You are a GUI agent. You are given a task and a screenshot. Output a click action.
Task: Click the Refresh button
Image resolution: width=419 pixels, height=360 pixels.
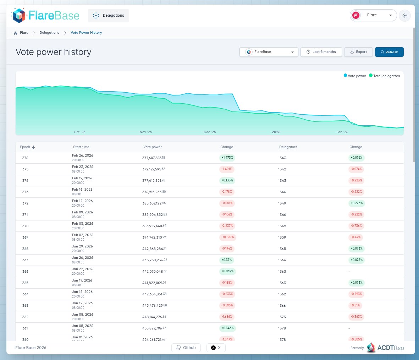point(389,52)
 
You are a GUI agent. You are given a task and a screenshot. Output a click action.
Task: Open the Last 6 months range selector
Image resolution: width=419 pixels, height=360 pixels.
point(321,52)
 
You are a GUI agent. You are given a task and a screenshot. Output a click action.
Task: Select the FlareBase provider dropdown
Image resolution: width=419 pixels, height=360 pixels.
point(269,52)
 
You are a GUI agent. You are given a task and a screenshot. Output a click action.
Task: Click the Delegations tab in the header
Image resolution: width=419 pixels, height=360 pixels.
point(109,16)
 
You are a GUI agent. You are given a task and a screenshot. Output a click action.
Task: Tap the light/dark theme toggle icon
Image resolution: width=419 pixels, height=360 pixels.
point(405,16)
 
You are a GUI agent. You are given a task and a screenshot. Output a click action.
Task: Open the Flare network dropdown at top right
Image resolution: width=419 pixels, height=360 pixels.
point(373,15)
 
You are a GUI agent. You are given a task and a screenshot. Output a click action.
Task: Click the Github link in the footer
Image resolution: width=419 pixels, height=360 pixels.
point(186,348)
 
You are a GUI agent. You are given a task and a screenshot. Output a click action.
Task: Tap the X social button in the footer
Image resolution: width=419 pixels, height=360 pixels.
point(216,348)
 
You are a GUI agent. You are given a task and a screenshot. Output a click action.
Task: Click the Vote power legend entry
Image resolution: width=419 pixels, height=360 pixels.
point(355,76)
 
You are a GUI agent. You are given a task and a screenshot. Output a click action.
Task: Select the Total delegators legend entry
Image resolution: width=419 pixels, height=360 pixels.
point(384,76)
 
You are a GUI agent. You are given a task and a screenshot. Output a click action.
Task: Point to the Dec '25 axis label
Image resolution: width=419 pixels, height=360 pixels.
point(210,132)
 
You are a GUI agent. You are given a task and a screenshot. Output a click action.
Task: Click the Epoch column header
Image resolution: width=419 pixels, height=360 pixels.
point(27,147)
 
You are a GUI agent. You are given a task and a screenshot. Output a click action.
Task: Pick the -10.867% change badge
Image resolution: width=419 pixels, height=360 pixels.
point(227,237)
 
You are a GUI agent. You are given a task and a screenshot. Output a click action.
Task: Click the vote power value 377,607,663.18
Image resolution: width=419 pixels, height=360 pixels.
point(154,158)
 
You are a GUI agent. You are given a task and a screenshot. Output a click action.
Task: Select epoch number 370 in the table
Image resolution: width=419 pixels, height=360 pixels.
point(25,226)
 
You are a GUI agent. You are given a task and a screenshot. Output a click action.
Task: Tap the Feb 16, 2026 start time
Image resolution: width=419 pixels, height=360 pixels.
point(82,190)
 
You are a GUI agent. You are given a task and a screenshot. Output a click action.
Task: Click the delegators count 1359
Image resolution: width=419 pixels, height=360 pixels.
point(282,237)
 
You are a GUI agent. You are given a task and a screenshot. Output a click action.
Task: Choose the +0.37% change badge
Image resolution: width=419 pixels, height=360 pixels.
point(227,260)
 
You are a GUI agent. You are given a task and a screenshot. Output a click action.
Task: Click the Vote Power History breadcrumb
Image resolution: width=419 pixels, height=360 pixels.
point(86,33)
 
